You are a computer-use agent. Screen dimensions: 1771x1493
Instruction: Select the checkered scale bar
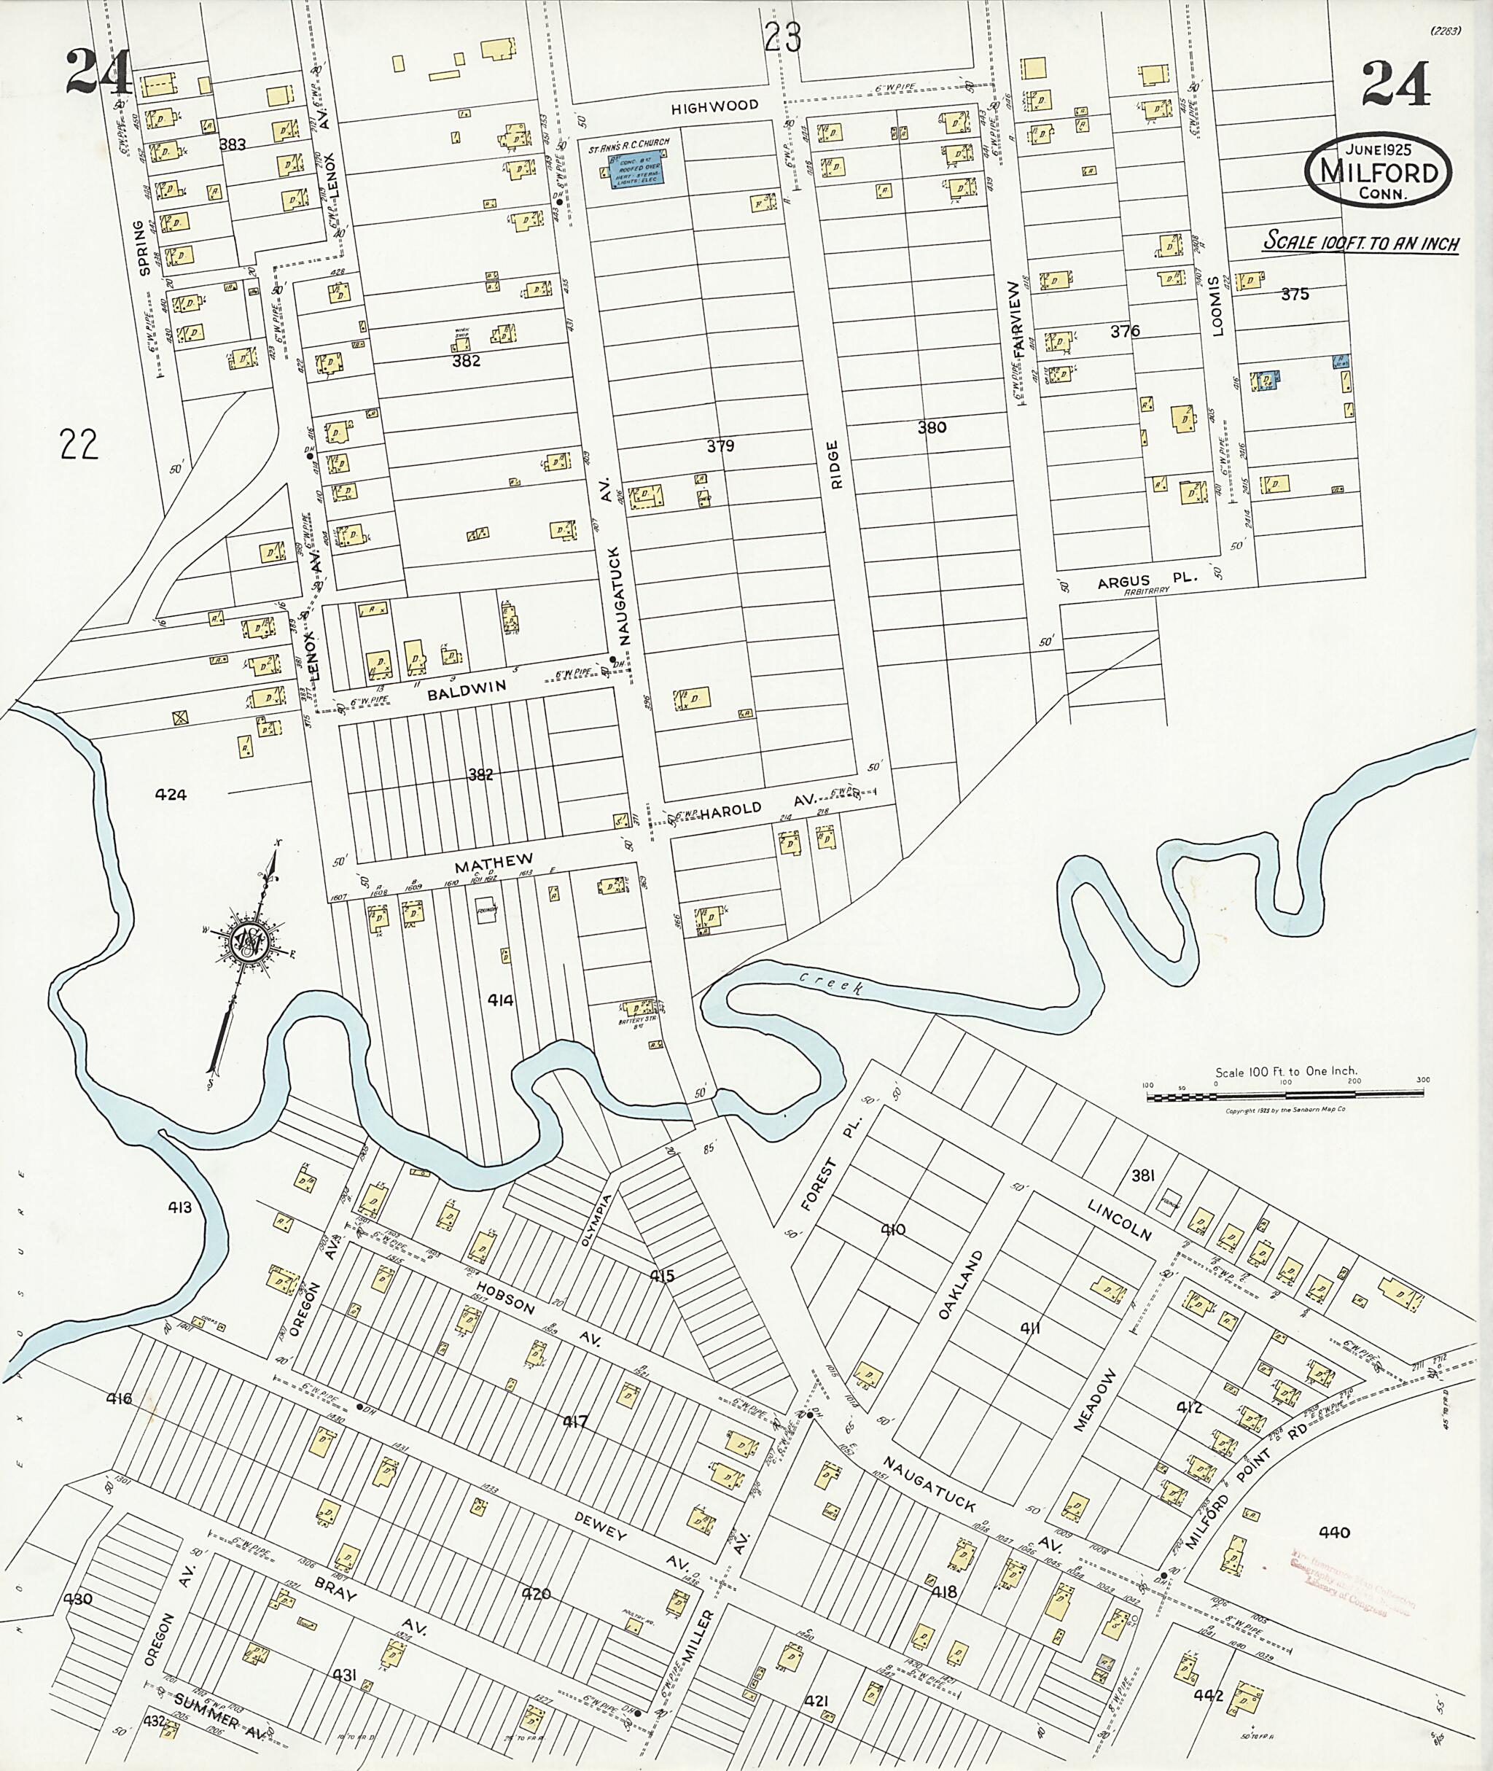pos(1284,1097)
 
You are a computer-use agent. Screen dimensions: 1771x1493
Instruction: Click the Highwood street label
pos(714,106)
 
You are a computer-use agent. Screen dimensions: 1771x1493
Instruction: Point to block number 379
pos(720,445)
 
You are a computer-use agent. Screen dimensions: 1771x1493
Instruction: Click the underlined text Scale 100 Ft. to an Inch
pos(1361,243)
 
